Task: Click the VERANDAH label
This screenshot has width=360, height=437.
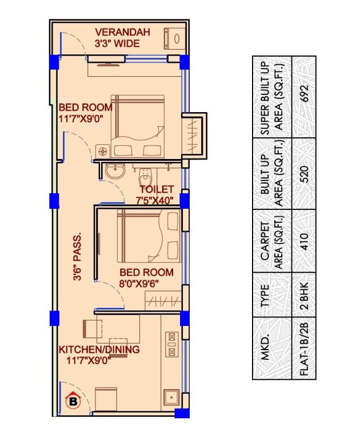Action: (x=122, y=33)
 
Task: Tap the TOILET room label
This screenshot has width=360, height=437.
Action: (x=156, y=189)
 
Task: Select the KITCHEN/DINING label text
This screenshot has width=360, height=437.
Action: (x=99, y=349)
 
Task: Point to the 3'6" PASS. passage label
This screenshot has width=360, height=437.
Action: (x=77, y=255)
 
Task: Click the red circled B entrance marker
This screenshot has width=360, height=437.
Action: (x=73, y=402)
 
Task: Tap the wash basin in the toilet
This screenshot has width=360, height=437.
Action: (x=117, y=170)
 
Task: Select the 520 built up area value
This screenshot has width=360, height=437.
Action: (x=304, y=173)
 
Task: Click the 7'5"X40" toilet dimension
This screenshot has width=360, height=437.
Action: (x=154, y=200)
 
